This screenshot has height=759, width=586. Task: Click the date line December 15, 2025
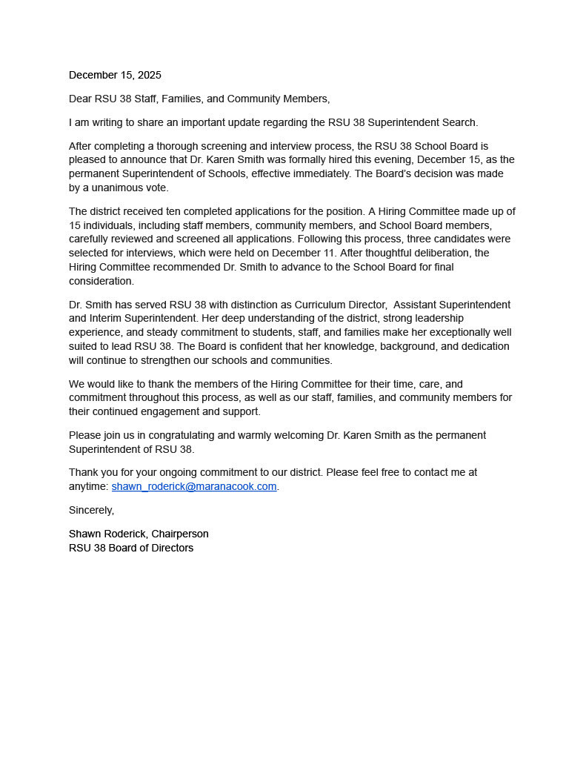(x=115, y=75)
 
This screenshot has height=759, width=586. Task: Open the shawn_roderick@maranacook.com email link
(x=194, y=486)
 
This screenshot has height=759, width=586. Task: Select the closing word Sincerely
(x=91, y=510)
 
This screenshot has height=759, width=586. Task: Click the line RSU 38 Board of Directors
(x=131, y=548)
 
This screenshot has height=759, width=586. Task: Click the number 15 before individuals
(x=75, y=225)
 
